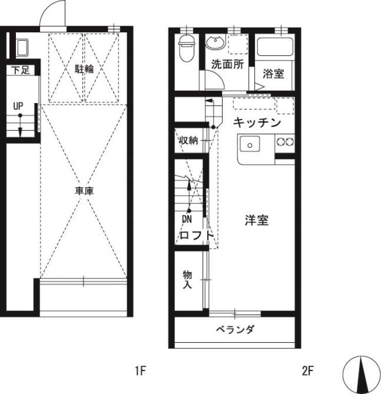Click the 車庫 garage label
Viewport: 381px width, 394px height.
pyautogui.click(x=85, y=191)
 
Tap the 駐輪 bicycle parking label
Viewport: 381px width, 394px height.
pyautogui.click(x=85, y=69)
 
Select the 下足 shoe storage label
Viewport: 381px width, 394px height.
pyautogui.click(x=21, y=70)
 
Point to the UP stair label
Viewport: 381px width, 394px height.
pyautogui.click(x=18, y=106)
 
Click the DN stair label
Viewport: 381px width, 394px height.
pyautogui.click(x=187, y=219)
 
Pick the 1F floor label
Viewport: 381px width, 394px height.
pyautogui.click(x=141, y=370)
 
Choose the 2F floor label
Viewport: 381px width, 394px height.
pyautogui.click(x=308, y=370)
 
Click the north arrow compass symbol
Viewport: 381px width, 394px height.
pyautogui.click(x=362, y=375)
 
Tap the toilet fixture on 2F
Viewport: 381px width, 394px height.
pyautogui.click(x=187, y=48)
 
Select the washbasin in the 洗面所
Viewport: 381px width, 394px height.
pyautogui.click(x=215, y=42)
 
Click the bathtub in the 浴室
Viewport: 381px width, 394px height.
pyautogui.click(x=275, y=47)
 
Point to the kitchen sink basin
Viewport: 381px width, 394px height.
pyautogui.click(x=250, y=144)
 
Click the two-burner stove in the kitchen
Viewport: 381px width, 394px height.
pyautogui.click(x=285, y=142)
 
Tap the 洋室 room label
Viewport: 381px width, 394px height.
pyautogui.click(x=257, y=220)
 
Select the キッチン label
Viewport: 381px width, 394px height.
pyautogui.click(x=257, y=123)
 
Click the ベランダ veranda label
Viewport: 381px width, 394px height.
pyautogui.click(x=235, y=329)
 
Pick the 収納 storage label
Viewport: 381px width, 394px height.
pyautogui.click(x=188, y=140)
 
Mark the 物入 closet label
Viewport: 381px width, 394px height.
pyautogui.click(x=187, y=280)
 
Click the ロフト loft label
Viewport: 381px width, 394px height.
pyautogui.click(x=196, y=235)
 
